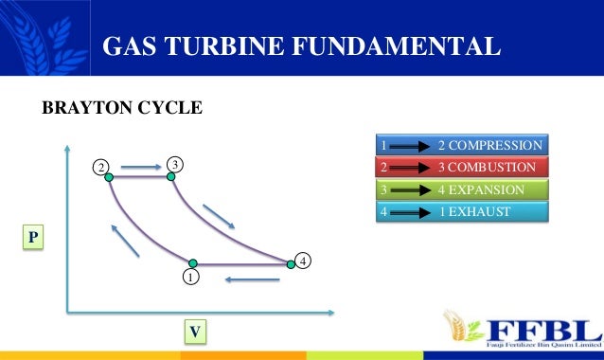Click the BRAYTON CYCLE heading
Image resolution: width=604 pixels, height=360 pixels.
click(122, 109)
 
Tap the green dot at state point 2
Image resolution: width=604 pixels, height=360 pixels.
click(110, 176)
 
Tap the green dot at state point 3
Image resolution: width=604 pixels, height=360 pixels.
click(171, 176)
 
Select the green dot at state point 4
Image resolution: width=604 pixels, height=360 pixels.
click(292, 264)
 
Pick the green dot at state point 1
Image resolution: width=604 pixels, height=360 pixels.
click(192, 263)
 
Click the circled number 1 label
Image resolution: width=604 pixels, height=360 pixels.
click(190, 279)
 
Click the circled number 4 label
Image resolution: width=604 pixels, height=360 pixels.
click(303, 259)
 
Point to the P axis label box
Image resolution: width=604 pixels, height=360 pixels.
click(33, 236)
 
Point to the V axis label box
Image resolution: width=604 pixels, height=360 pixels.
click(195, 332)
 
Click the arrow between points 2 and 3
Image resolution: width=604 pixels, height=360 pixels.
click(141, 169)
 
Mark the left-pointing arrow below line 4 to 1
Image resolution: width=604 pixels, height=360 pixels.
click(251, 279)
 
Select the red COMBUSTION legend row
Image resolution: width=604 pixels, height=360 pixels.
click(461, 168)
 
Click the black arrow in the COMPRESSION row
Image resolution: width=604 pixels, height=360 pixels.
click(410, 147)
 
